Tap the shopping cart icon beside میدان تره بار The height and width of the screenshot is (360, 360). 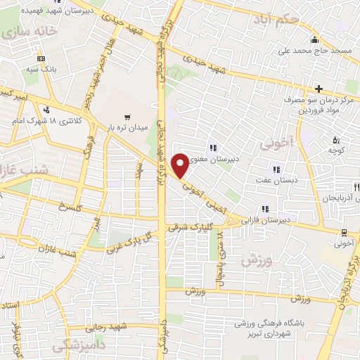coord(127,117)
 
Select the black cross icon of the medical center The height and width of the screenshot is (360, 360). coord(319,89)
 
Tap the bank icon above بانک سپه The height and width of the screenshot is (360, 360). coord(41,58)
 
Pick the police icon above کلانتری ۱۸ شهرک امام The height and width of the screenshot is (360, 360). coord(47,109)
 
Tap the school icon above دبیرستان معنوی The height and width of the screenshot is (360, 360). coord(212,147)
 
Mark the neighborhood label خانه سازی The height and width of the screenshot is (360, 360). coord(26,33)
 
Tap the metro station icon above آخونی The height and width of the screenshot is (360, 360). coord(343,232)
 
